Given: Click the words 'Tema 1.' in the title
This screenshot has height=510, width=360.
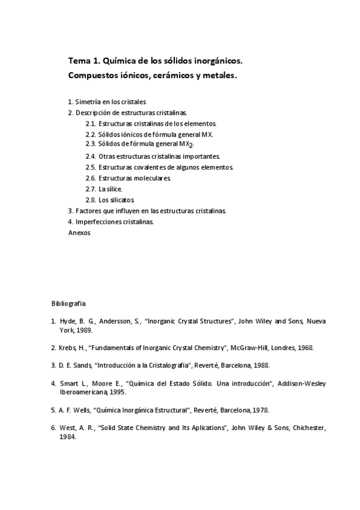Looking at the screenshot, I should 85,61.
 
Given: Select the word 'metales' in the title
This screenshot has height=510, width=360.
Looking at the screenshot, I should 220,76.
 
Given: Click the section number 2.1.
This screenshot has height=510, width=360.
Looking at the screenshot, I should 91,124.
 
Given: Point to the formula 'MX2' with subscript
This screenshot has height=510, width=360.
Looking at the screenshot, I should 186,145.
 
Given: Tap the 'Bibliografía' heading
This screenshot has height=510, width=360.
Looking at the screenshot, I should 69,304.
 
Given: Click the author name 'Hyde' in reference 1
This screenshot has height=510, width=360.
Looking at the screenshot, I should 67,322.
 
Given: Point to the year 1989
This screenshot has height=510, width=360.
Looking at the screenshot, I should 84,331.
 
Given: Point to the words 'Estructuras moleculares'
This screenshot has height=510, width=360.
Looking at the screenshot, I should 135,178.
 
